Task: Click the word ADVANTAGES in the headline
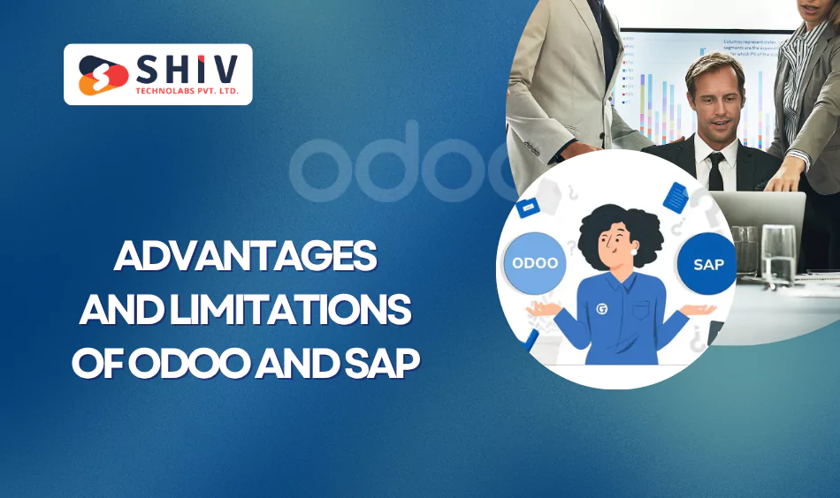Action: pos(245,258)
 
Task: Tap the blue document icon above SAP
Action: pos(676,196)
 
